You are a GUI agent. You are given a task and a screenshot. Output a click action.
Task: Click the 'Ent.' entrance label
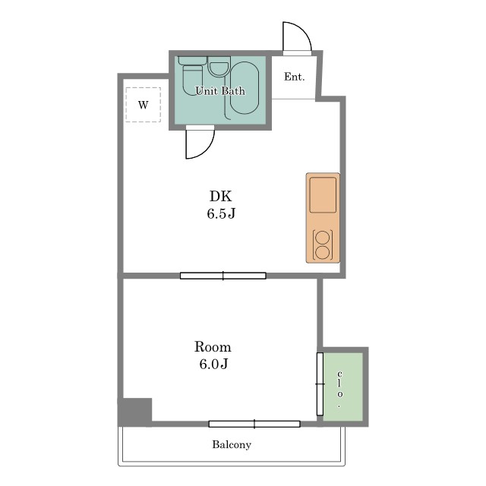[294, 77]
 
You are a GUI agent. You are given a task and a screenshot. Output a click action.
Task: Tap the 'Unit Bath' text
[220, 91]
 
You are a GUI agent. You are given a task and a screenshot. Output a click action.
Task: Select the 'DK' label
[221, 196]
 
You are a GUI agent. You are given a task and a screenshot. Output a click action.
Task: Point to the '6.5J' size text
[221, 213]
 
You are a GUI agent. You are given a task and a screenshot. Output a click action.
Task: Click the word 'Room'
[213, 347]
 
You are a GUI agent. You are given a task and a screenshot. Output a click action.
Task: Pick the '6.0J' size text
[213, 364]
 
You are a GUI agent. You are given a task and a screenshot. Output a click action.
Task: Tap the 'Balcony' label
[232, 445]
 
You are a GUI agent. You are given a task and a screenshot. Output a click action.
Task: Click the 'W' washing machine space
[144, 105]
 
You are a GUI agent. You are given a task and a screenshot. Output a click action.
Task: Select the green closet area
[342, 387]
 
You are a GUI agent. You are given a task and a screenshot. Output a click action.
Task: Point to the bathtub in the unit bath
[245, 88]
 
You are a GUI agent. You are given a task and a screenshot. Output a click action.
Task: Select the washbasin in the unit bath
[219, 67]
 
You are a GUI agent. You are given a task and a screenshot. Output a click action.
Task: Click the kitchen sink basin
[323, 195]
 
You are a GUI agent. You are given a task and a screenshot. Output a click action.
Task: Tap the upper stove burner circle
[323, 238]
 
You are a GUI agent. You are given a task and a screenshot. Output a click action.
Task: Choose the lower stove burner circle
[323, 252]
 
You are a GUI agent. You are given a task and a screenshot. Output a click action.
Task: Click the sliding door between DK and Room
[222, 276]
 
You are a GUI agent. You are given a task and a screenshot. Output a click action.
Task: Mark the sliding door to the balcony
[254, 424]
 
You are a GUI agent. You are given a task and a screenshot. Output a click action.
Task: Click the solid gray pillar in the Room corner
[135, 412]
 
